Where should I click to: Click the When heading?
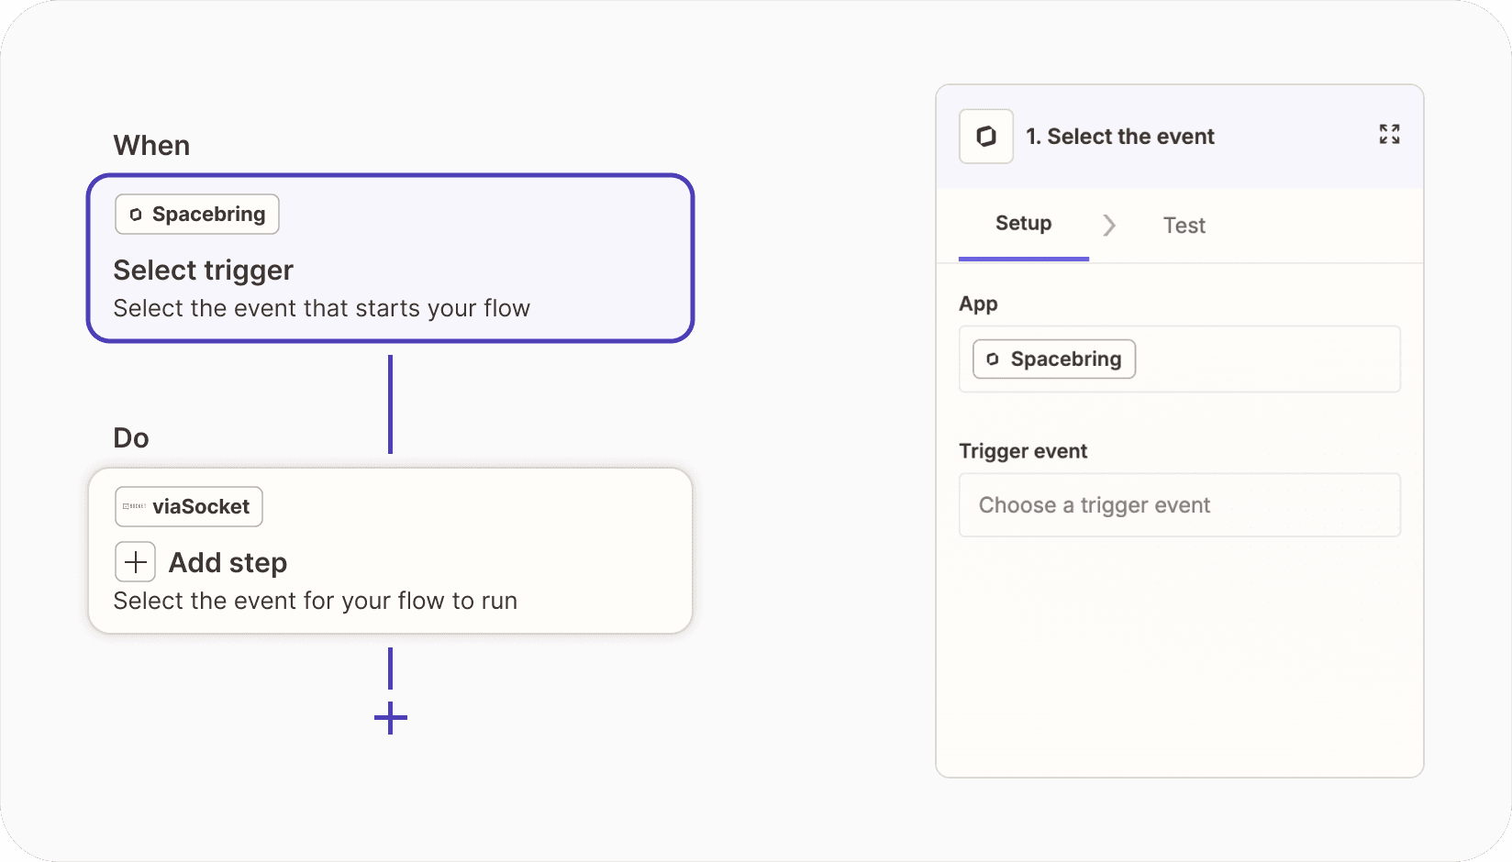[x=151, y=145]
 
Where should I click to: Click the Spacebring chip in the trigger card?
[x=197, y=215]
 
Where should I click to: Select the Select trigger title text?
[x=203, y=271]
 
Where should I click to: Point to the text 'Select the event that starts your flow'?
[x=321, y=308]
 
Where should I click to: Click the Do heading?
[x=131, y=437]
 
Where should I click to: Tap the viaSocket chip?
[x=188, y=506]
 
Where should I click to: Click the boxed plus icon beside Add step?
[x=135, y=562]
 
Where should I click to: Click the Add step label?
[x=228, y=562]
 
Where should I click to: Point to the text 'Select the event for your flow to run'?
[x=316, y=601]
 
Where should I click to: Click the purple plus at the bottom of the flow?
[x=391, y=718]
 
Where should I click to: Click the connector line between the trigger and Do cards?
[x=390, y=404]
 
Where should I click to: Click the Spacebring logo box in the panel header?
[x=986, y=137]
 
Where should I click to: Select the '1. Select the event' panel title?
[x=1120, y=137]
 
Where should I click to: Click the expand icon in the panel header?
[x=1389, y=134]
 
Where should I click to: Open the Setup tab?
[x=1023, y=223]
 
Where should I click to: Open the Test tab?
[x=1184, y=226]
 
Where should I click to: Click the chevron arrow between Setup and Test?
[x=1109, y=226]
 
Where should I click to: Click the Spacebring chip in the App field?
[x=1053, y=359]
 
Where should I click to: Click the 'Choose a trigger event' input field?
[x=1179, y=505]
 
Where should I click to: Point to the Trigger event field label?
[x=1023, y=450]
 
